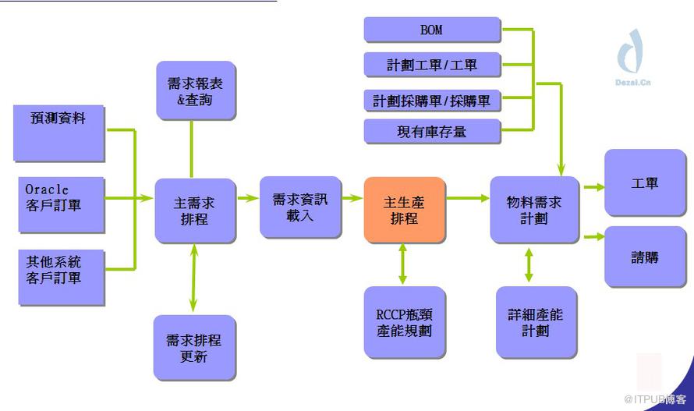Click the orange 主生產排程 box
(x=405, y=210)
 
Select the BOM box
(x=431, y=30)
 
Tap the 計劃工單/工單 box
(x=431, y=65)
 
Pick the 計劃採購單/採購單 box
(x=431, y=100)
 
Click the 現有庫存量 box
(x=431, y=131)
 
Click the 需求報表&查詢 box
(x=195, y=90)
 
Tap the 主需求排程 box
(x=194, y=210)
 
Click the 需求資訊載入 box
(x=299, y=207)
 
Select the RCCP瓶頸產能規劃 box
(x=403, y=322)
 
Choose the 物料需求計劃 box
(x=534, y=209)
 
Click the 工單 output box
(x=644, y=183)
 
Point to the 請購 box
(x=644, y=257)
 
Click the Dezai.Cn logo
(x=632, y=55)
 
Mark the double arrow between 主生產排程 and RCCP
(x=402, y=264)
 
